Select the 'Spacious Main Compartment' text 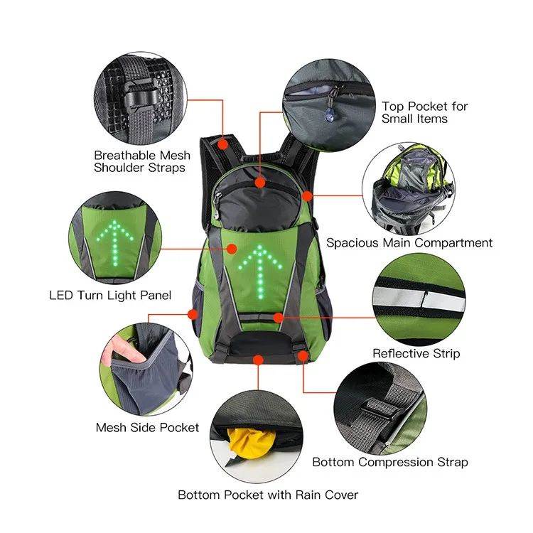tap(409, 243)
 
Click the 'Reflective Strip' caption tap(416, 353)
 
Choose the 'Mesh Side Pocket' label tap(147, 428)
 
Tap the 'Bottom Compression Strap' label tap(390, 463)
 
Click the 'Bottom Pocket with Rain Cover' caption tap(268, 495)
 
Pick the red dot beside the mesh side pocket tap(192, 313)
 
